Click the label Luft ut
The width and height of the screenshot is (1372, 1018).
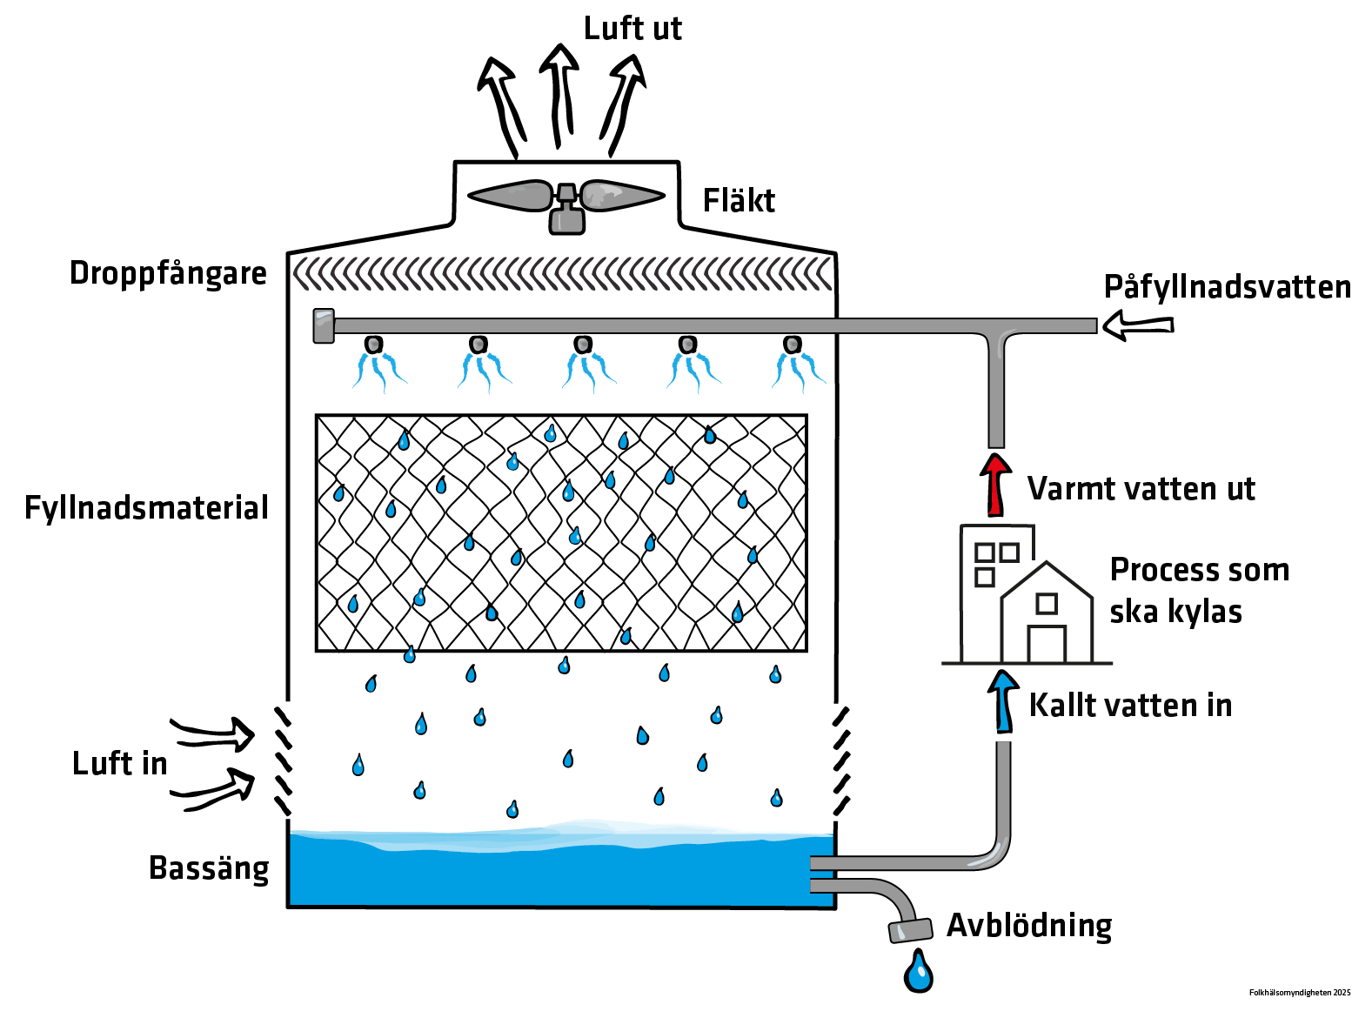632,29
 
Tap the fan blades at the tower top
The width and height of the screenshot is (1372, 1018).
566,196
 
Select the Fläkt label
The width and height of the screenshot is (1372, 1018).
739,201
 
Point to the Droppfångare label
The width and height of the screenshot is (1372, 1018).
168,273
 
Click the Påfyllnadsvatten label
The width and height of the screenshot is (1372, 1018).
1227,287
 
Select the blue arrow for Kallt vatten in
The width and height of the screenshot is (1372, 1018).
1004,701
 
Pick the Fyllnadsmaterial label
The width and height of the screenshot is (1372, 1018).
146,508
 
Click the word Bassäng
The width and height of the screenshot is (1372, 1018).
209,868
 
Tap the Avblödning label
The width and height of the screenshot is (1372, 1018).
1029,925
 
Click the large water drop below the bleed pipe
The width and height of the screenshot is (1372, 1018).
918,972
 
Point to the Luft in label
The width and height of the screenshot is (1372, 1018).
119,764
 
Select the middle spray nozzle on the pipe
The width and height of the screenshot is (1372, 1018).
583,345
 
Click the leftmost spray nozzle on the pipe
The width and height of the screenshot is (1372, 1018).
373,345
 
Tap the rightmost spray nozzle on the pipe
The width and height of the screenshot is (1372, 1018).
792,345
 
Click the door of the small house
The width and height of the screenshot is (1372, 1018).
1047,644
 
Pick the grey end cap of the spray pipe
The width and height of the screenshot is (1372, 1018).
324,326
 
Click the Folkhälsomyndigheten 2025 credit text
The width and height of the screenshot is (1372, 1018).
1300,993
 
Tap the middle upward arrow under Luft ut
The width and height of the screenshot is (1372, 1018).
559,96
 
